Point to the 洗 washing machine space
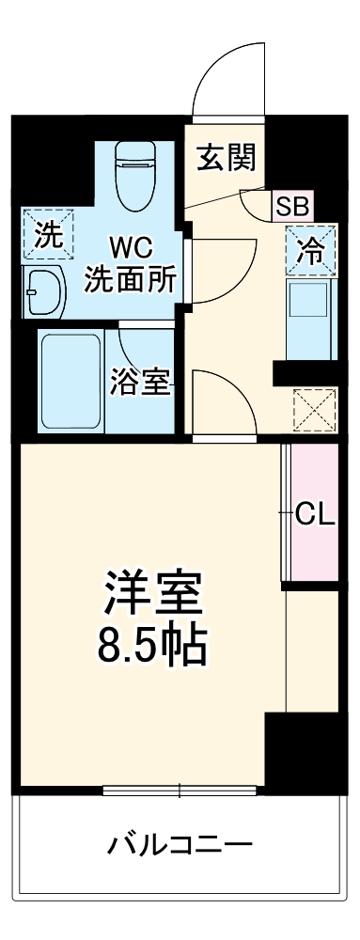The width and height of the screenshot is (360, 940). click(45, 235)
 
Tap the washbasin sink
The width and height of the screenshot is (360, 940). click(41, 293)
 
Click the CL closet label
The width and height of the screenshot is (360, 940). click(313, 513)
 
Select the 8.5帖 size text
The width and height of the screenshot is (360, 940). click(151, 645)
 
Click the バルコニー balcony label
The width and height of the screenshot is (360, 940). click(180, 844)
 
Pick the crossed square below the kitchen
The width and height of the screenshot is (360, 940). click(313, 410)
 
